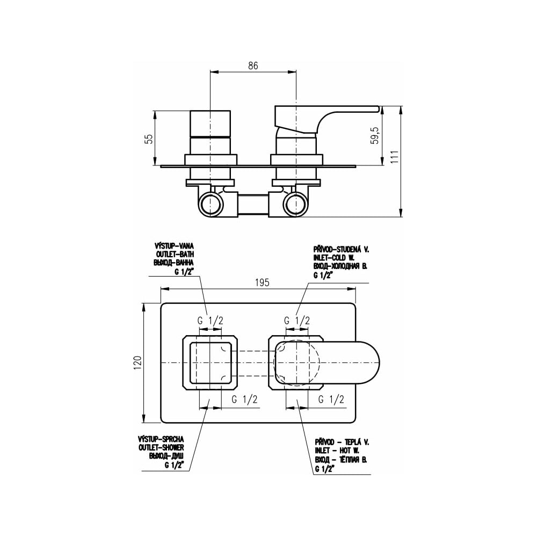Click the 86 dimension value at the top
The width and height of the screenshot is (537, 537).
tap(253, 66)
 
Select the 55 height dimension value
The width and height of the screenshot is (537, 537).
tap(149, 139)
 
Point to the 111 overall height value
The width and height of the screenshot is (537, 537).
tap(395, 156)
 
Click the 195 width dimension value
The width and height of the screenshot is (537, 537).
tap(263, 282)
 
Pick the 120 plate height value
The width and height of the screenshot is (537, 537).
tap(137, 362)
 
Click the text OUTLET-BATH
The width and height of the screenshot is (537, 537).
tap(175, 255)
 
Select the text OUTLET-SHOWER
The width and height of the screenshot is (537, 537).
tap(161, 448)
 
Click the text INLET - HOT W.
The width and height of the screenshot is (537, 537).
tap(337, 451)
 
